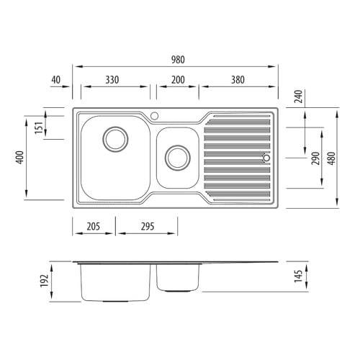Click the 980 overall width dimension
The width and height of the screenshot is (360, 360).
[x=178, y=60]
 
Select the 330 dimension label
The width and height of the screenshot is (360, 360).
[x=112, y=80]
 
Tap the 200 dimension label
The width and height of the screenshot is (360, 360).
[x=178, y=80]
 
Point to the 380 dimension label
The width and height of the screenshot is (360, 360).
[x=238, y=80]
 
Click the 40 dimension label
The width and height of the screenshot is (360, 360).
[x=56, y=80]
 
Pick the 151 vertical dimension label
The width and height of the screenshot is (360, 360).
[x=39, y=127]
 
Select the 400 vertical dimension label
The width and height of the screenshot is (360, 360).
[x=19, y=158]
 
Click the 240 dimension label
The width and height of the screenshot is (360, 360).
[x=298, y=96]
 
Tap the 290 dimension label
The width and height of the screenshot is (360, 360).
[x=315, y=158]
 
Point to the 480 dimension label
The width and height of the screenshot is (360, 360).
[x=331, y=158]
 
